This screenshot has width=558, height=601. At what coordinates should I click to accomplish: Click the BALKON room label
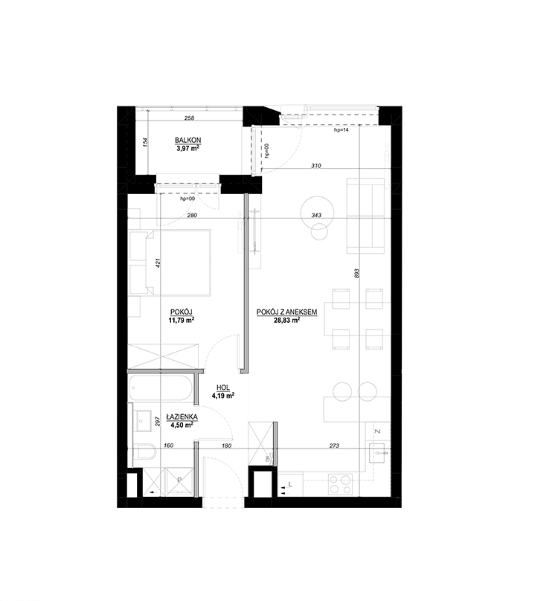188,141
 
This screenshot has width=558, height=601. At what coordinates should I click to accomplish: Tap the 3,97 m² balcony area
188,148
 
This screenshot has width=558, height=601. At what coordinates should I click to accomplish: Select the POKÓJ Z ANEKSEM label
287,312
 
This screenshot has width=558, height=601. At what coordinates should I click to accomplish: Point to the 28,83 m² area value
287,320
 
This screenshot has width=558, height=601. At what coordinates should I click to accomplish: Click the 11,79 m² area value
181,320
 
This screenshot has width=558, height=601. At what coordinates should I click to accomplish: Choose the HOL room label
223,388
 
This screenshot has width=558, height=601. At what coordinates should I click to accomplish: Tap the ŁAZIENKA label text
182,417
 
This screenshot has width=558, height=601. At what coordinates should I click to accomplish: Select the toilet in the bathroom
144,452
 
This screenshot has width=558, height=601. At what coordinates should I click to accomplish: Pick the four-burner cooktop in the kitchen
341,485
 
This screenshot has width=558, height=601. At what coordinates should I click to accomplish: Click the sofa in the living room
366,216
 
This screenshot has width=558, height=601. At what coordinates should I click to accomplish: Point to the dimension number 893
356,273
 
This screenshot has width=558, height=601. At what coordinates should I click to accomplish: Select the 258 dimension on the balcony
190,118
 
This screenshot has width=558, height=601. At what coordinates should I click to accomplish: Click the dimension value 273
334,446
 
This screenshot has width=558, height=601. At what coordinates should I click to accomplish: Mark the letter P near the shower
179,480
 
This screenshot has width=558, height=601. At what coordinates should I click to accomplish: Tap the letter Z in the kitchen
377,431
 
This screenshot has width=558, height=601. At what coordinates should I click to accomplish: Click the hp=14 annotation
341,130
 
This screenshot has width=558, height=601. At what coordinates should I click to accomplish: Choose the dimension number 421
158,263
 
